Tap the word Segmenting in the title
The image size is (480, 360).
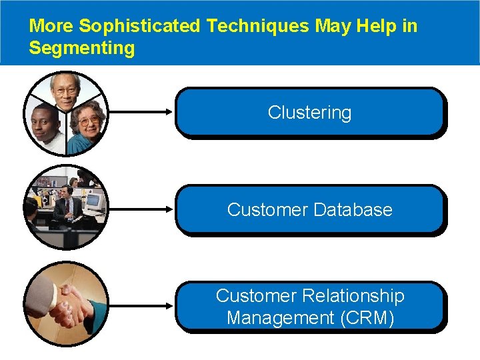(x=82, y=48)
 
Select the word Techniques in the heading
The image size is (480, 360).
(x=257, y=26)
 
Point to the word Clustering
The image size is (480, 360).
(x=309, y=113)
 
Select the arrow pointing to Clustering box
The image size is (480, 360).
(x=140, y=112)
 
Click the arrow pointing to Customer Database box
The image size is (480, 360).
(x=140, y=209)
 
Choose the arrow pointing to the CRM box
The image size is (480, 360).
(x=140, y=306)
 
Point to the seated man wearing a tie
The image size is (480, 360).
(x=65, y=207)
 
